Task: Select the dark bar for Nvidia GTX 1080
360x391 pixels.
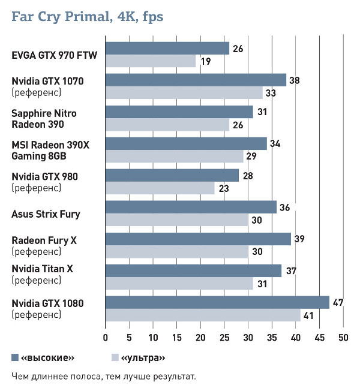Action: [x=217, y=302]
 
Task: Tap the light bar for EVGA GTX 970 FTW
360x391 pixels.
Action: [x=151, y=61]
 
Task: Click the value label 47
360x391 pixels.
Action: [x=338, y=302]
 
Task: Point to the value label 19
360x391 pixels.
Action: [x=205, y=61]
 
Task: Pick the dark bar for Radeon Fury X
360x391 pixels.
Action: [x=198, y=239]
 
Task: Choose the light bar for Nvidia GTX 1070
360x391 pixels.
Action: [x=184, y=92]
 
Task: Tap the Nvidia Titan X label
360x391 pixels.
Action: [x=42, y=269]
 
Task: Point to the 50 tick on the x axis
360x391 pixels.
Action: [x=343, y=336]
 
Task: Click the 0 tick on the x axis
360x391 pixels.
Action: [x=106, y=336]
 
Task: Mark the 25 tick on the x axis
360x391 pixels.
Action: [x=224, y=336]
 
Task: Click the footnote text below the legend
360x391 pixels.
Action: [x=104, y=377]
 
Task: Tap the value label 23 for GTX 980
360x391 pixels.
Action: [x=223, y=188]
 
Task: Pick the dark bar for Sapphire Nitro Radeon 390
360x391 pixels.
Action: [x=179, y=112]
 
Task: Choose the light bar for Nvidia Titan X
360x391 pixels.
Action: [x=179, y=282]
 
